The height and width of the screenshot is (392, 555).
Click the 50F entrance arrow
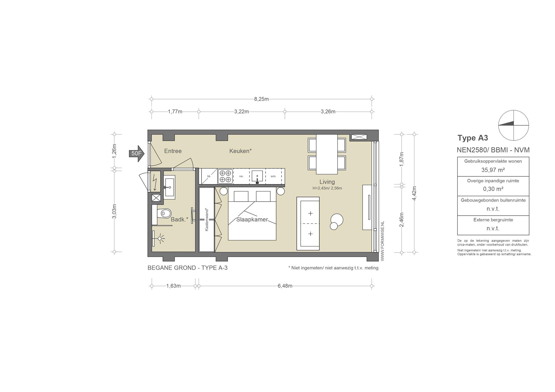tap(137, 153)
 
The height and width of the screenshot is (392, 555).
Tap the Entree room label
tap(173, 151)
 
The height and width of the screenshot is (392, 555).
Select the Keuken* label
tap(241, 151)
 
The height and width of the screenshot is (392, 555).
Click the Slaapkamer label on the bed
tap(252, 220)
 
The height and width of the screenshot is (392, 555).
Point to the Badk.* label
tap(179, 220)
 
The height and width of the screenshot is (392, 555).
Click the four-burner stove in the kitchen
tap(225, 176)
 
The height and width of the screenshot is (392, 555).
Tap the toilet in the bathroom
tap(164, 213)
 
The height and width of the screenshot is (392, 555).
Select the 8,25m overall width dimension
tap(262, 99)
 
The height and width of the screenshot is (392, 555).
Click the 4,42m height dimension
tap(414, 193)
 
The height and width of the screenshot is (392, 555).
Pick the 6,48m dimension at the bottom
tap(285, 286)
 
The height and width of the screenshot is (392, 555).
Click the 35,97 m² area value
tap(493, 170)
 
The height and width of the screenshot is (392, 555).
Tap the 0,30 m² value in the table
tap(493, 189)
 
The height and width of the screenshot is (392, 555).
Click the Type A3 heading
tap(473, 138)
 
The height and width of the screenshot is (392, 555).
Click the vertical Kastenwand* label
tap(207, 219)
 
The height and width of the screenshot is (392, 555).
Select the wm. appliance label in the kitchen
tap(273, 176)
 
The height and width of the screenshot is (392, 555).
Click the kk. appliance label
tap(209, 176)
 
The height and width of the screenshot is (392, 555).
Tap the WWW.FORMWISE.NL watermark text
tap(382, 241)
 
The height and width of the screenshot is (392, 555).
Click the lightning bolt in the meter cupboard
tap(155, 182)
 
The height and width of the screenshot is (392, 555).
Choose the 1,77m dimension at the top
tap(175, 112)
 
